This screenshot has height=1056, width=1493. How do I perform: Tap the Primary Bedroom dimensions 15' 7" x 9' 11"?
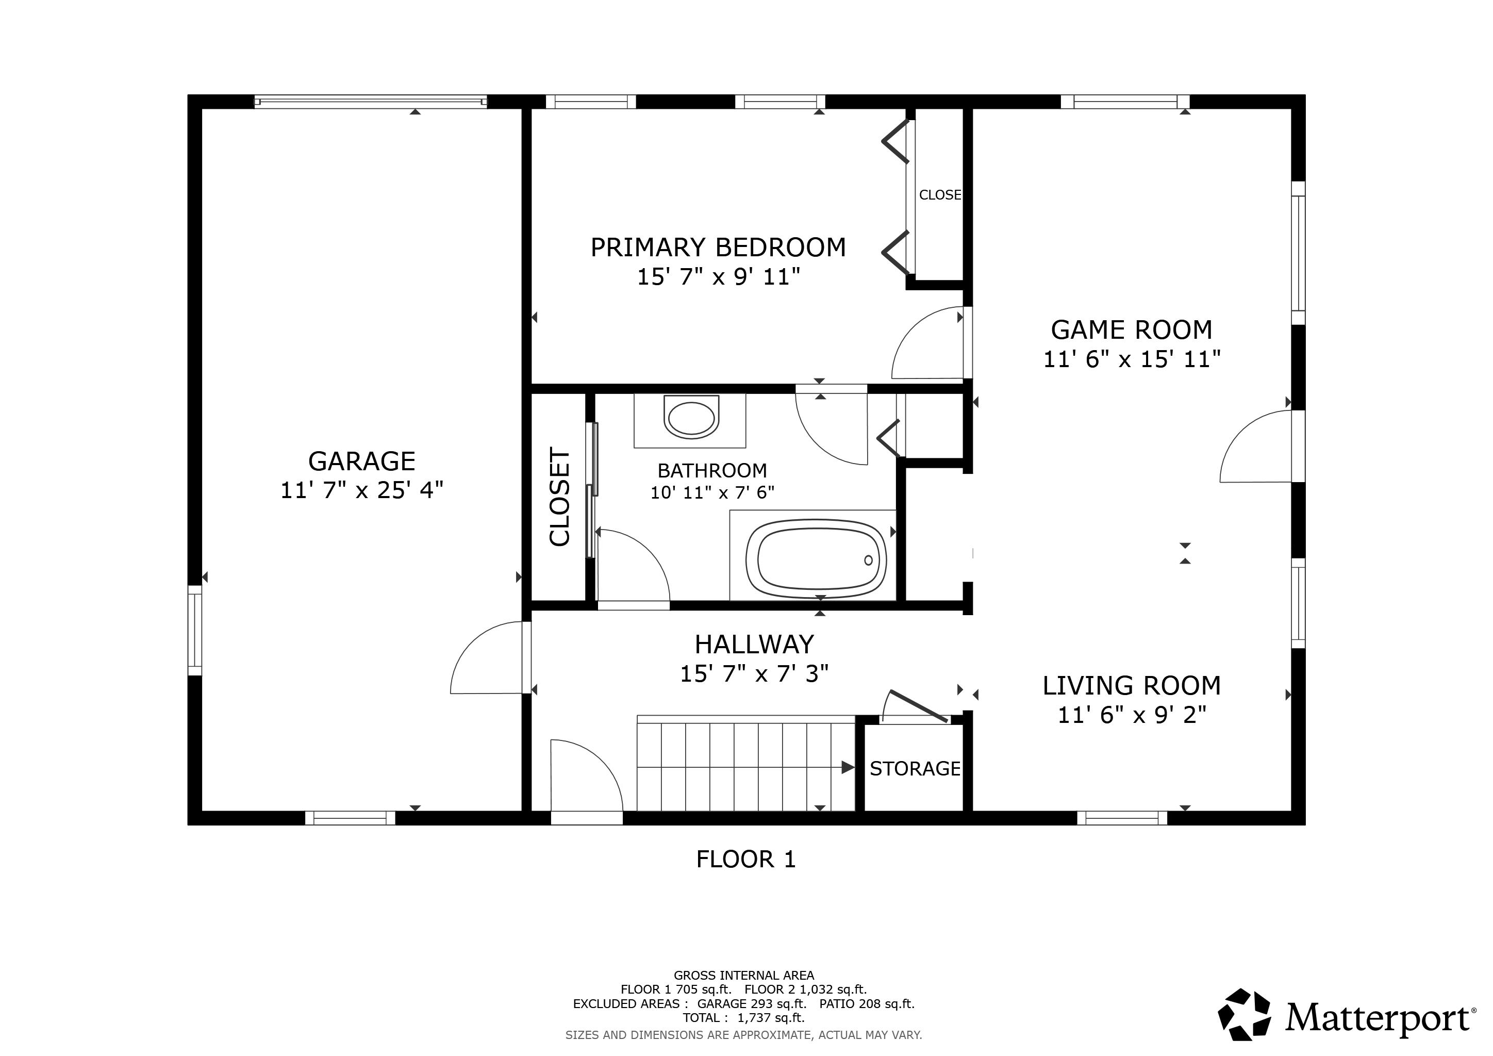(718, 276)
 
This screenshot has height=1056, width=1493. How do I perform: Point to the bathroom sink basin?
(691, 418)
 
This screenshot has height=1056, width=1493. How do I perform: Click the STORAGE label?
(915, 769)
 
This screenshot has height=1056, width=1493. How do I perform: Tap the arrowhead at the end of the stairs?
(848, 767)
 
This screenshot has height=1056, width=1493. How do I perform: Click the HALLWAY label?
(754, 645)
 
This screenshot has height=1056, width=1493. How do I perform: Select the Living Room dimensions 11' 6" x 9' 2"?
(1132, 715)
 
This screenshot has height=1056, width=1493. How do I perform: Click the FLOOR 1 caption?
(746, 860)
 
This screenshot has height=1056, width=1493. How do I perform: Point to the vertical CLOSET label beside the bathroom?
(559, 497)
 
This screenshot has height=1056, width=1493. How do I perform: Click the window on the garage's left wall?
(194, 630)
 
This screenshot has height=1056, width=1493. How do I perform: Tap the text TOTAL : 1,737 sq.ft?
(743, 1018)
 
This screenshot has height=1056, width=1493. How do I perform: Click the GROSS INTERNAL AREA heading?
(743, 976)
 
